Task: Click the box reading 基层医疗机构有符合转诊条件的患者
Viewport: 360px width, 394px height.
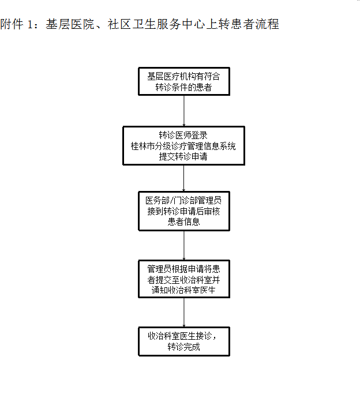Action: click(184, 81)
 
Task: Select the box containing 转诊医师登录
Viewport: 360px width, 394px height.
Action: click(183, 146)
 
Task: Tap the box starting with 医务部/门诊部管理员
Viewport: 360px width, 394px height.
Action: click(184, 211)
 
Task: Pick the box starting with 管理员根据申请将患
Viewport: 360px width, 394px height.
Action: click(184, 279)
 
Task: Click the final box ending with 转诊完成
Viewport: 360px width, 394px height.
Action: click(184, 342)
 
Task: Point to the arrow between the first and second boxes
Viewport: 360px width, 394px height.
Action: click(184, 111)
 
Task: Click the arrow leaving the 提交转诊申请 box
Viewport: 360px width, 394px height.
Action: click(183, 178)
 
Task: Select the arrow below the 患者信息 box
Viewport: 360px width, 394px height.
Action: click(184, 246)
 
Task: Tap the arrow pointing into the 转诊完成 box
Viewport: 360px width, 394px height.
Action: click(184, 312)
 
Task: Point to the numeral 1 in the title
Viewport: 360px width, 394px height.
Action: click(30, 25)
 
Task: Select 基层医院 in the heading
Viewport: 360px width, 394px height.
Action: click(70, 24)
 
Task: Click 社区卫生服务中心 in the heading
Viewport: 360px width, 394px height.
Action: click(156, 24)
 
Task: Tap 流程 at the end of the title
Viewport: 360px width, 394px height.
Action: click(267, 24)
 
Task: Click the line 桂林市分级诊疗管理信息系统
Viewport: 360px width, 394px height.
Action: click(183, 146)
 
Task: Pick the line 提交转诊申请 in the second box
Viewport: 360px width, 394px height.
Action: click(183, 156)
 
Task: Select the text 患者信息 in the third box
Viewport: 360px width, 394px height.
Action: click(183, 222)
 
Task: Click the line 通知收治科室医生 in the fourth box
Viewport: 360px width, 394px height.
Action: click(183, 290)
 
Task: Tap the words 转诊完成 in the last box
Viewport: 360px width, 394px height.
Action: click(183, 347)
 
